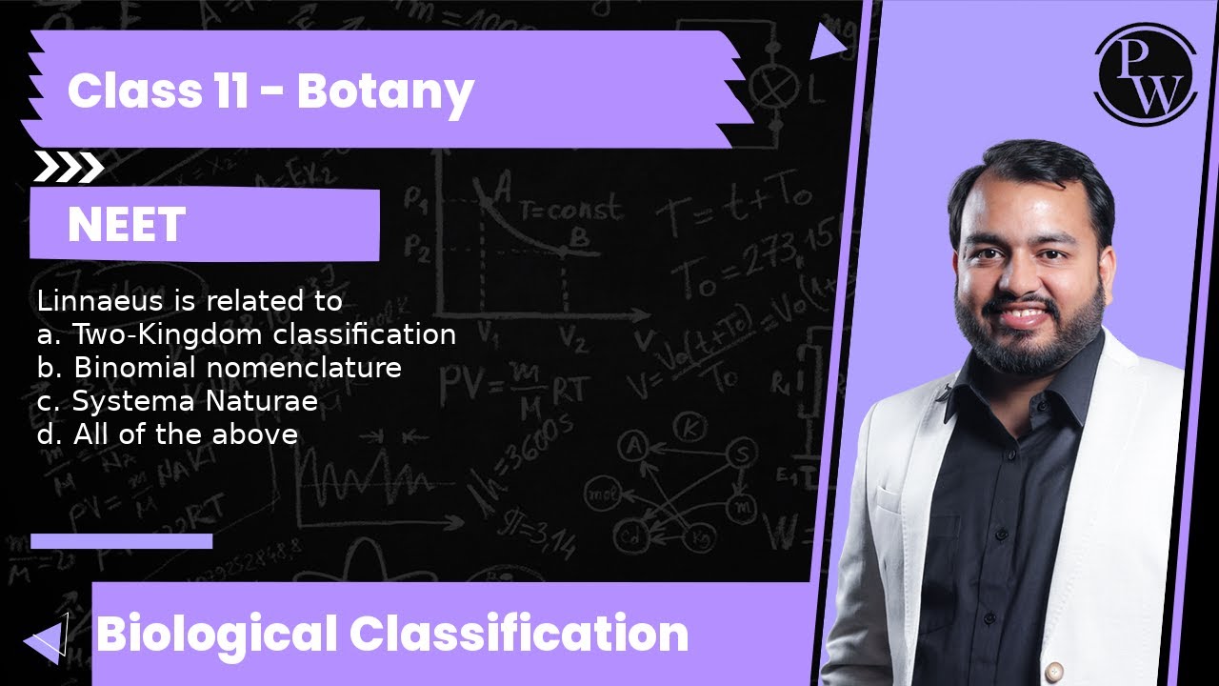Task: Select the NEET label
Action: pos(126,226)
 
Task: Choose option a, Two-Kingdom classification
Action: pos(247,334)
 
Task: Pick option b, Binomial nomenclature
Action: pos(219,368)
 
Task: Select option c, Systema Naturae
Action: pos(177,401)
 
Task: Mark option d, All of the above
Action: pos(168,434)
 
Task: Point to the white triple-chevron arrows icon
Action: pos(69,168)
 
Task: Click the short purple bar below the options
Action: pos(121,541)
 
